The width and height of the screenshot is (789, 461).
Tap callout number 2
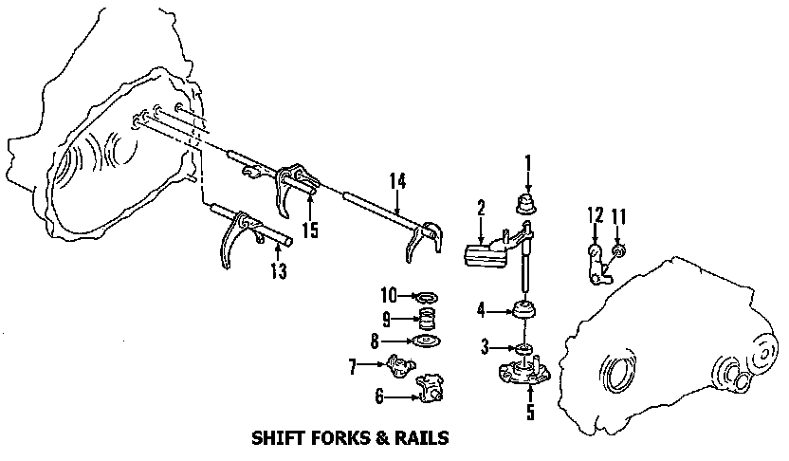(482, 207)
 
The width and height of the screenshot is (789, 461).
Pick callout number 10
(389, 296)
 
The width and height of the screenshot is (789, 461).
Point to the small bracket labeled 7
(398, 363)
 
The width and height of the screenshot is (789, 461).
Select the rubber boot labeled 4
(523, 310)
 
